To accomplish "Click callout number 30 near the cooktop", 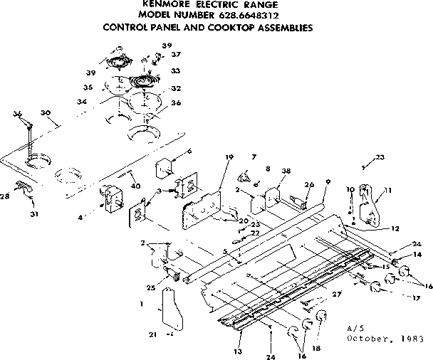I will [46, 113].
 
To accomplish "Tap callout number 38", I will [286, 171].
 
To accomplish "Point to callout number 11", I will [388, 190].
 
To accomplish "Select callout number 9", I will [326, 181].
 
